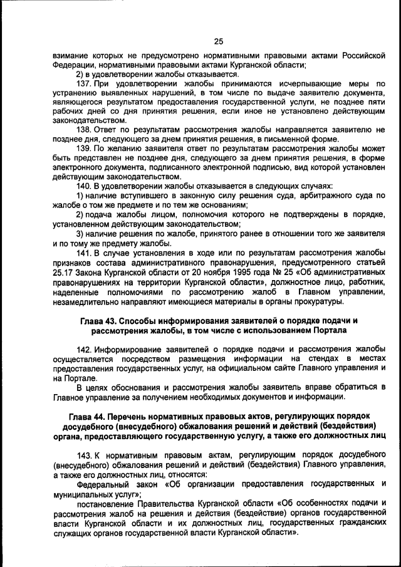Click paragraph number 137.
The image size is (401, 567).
85,83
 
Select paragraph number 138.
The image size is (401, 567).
85,129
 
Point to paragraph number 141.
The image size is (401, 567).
85,252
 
